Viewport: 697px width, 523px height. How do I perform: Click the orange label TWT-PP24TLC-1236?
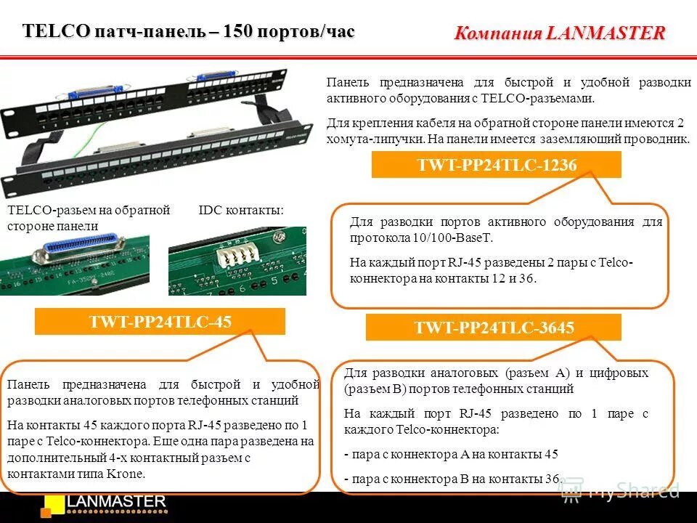[497, 166]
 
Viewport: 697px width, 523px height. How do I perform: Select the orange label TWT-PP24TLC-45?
[160, 322]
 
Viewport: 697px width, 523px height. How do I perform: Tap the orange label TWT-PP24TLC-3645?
[494, 328]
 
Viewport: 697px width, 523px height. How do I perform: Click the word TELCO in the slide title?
[57, 31]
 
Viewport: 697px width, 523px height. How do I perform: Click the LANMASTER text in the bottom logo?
[117, 501]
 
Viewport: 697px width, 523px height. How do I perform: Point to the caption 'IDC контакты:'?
[241, 211]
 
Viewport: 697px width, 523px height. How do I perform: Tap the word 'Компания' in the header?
[498, 33]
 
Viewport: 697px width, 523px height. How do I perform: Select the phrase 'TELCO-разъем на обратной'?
[89, 211]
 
